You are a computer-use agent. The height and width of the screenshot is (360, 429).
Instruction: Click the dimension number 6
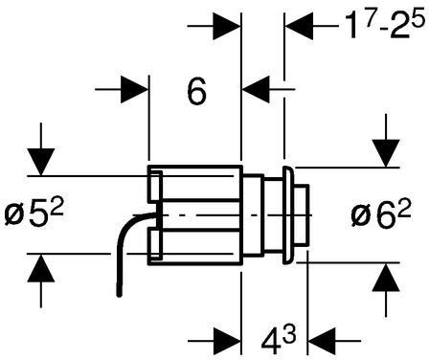196,92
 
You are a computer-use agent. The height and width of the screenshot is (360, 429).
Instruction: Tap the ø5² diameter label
34,213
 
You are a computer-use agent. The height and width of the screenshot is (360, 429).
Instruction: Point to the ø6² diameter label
380,214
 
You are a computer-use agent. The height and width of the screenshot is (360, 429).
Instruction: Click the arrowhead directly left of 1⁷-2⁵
299,26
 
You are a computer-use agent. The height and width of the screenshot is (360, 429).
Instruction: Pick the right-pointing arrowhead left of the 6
135,90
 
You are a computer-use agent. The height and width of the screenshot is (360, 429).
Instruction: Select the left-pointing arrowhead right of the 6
256,90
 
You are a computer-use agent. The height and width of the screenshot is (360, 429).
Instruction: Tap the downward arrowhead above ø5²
41,162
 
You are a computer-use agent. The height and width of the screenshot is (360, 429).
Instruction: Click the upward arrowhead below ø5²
41,268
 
